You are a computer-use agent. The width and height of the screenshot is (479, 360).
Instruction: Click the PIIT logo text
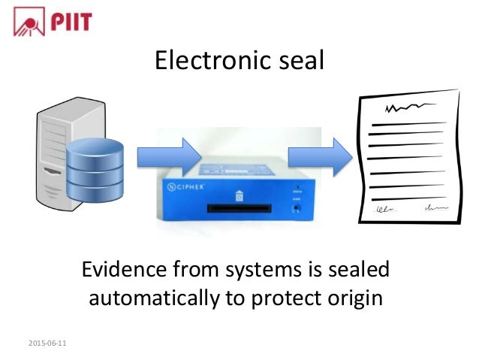[71, 21]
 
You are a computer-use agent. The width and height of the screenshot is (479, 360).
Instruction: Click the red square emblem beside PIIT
[29, 21]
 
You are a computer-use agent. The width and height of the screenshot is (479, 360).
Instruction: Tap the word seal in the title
[297, 60]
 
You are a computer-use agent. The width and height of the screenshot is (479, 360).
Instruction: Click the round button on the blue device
[299, 207]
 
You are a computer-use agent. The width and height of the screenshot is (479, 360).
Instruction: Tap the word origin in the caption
[353, 299]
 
